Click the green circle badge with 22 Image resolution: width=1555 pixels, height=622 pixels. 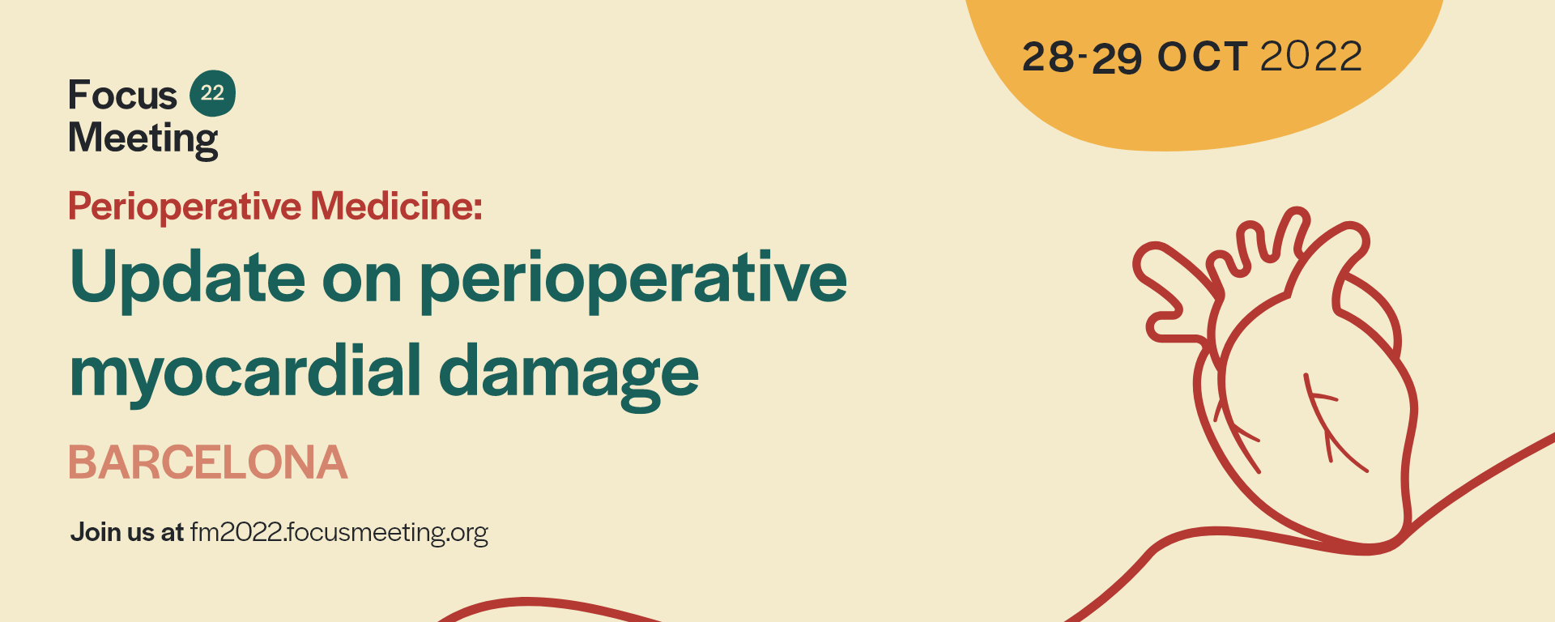pos(212,93)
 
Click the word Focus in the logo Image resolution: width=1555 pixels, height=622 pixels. pos(122,95)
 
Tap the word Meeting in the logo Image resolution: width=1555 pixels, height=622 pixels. pos(143,138)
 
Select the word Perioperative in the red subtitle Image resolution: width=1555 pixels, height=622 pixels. pos(185,207)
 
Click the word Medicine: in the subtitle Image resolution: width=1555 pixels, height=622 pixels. pos(397,206)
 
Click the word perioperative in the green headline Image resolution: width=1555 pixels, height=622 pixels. pos(633,279)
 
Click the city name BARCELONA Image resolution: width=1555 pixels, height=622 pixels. pos(208,462)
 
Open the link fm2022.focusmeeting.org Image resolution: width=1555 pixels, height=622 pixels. pos(339,532)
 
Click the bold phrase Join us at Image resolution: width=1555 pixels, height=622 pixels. pos(127,532)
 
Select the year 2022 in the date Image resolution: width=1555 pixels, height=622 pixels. pos(1311,56)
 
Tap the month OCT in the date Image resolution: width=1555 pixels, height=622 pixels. pos(1203,57)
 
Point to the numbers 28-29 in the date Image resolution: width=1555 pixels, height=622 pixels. pos(1082,57)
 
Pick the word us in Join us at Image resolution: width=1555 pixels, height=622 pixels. pos(141,533)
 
